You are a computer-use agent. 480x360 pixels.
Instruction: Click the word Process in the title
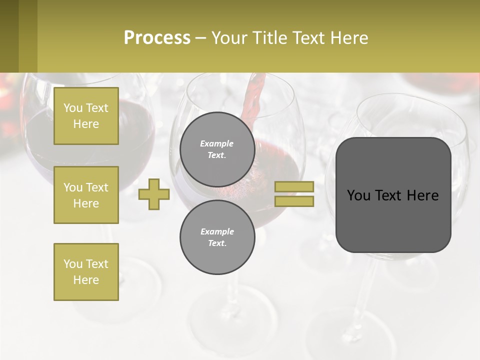coord(157,38)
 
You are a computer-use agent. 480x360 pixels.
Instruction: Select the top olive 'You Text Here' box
coord(86,116)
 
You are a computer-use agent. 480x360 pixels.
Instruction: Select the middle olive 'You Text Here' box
coord(86,195)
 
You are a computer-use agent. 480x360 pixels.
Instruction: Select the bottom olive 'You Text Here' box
coord(86,272)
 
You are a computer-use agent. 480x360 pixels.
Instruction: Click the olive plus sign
coord(154,194)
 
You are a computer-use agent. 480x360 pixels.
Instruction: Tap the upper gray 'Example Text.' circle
coord(217,149)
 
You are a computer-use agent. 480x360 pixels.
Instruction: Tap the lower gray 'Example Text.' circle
coord(217,237)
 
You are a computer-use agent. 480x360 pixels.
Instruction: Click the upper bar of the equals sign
coord(294,186)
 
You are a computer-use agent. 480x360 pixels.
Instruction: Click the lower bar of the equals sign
coord(294,201)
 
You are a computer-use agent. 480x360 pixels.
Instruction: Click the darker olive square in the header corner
coord(9,36)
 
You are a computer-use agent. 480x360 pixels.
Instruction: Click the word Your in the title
coord(229,38)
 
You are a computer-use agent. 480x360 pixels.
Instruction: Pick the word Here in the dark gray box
coord(422,195)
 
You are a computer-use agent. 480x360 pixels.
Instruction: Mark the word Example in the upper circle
coord(217,143)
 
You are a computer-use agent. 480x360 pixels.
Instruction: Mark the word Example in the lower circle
coord(217,231)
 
